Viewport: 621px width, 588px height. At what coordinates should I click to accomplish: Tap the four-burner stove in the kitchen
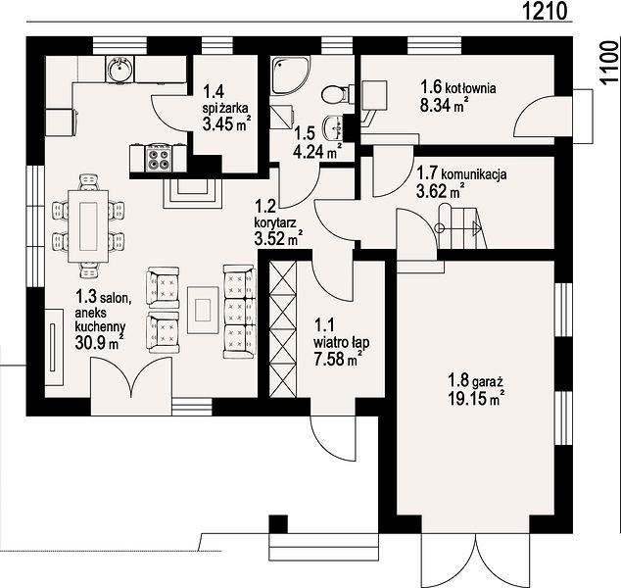(x=160, y=158)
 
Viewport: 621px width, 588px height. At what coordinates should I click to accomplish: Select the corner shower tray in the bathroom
(x=290, y=74)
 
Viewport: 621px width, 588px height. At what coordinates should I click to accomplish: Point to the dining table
(x=88, y=225)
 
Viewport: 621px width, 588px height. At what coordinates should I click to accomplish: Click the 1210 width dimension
(x=546, y=12)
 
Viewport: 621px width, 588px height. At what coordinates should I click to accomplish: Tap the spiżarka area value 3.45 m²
(x=226, y=123)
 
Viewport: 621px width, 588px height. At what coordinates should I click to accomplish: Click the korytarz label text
(x=275, y=223)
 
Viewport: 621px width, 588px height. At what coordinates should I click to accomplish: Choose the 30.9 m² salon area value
(x=98, y=342)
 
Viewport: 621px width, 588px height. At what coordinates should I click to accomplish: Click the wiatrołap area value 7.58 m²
(x=338, y=359)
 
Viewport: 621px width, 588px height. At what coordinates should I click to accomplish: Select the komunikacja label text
(x=474, y=174)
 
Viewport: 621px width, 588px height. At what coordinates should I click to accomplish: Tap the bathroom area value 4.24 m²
(x=316, y=151)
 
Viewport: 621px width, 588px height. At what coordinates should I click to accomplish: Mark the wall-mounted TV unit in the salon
(x=54, y=347)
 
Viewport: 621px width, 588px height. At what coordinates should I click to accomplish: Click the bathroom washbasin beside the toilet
(x=334, y=127)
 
